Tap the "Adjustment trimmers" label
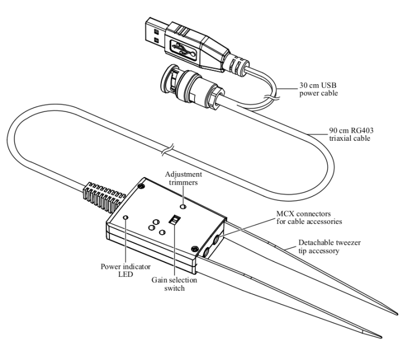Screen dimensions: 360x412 click(x=183, y=178)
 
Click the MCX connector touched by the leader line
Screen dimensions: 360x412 click(x=217, y=237)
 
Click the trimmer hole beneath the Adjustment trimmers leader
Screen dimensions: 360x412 click(x=183, y=205)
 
